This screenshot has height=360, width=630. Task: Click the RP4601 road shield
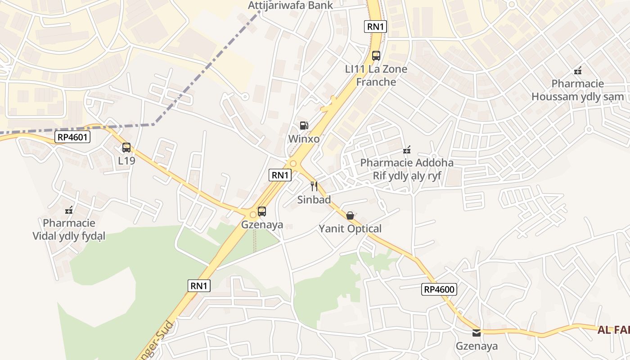pos(72,137)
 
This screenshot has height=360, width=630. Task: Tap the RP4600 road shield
pos(439,289)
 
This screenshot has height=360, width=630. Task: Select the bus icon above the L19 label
pos(126,148)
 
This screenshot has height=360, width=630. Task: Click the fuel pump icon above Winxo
pos(304,126)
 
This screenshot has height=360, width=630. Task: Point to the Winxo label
pos(304,139)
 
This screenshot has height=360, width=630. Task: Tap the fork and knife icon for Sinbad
pos(314,186)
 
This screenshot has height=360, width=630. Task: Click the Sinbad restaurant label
pos(314,199)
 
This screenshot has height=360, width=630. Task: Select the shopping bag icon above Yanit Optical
pos(350,216)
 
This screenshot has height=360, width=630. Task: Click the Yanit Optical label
pos(350,229)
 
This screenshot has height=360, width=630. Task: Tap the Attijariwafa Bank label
pos(291,5)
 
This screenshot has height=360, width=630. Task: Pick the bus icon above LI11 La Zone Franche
pos(376,56)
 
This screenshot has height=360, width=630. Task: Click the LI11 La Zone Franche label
pos(376,76)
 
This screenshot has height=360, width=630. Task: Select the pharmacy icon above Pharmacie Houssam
pos(578,71)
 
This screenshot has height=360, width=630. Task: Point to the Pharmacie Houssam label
pos(578,90)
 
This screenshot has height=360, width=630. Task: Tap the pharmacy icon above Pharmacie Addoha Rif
pos(407,149)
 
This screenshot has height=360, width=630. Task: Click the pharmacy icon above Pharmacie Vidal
pos(69,210)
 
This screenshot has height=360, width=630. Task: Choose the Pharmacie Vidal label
pos(69,229)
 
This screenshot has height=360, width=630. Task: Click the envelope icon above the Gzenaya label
pos(477,333)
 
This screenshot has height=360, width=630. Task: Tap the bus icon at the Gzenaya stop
pos(262,211)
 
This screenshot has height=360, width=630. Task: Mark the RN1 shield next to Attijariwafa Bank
pos(375,27)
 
